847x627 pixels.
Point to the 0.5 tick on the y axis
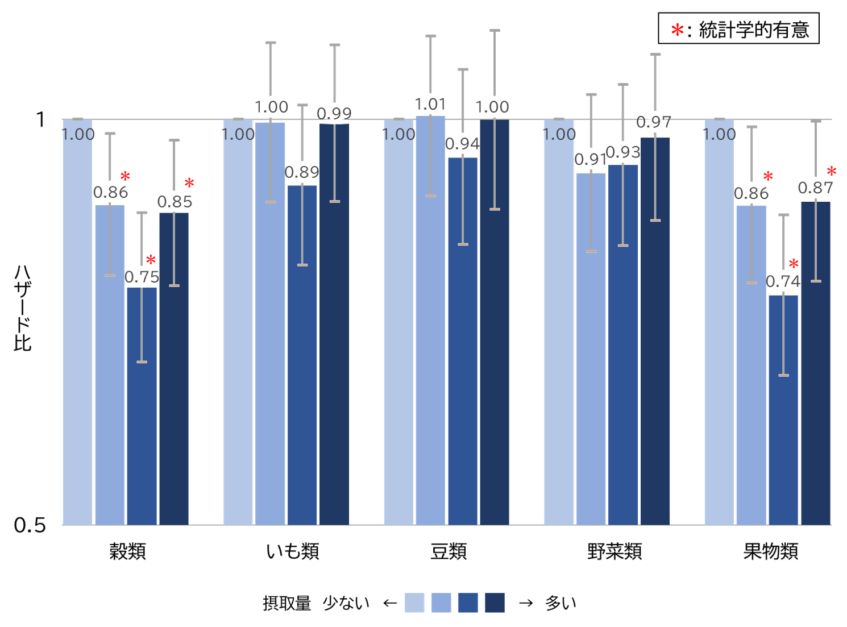[x=30, y=525]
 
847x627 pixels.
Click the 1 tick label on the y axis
[x=40, y=119]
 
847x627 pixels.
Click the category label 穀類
[x=127, y=551]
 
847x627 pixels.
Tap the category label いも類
[x=293, y=551]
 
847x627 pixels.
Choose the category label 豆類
[x=449, y=551]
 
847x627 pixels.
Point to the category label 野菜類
[x=615, y=551]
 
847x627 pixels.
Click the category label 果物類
[x=771, y=551]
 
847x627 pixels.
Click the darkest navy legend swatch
[x=495, y=603]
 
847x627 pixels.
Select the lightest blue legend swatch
[x=414, y=603]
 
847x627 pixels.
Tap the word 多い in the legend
[x=560, y=603]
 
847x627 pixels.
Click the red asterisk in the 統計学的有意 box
[x=677, y=30]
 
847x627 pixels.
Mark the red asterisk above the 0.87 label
[x=832, y=171]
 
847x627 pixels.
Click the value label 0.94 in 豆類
[x=462, y=144]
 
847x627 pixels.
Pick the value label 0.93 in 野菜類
[x=623, y=152]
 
